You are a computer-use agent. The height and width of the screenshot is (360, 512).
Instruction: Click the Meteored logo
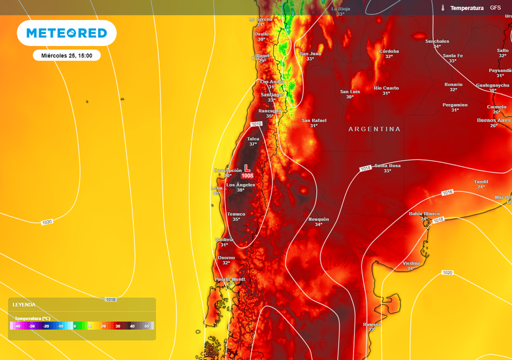[66, 33]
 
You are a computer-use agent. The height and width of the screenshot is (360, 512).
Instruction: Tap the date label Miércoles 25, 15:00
[66, 55]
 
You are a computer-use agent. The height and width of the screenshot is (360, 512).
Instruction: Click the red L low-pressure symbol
[247, 168]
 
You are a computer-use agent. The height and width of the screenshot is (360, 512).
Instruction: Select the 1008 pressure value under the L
[247, 176]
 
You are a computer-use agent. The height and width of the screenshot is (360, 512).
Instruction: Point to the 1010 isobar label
[256, 124]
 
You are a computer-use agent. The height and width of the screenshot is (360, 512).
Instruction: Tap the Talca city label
[253, 139]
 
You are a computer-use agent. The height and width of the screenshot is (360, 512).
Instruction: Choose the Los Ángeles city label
[240, 185]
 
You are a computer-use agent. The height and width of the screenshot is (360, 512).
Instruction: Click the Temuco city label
[236, 214]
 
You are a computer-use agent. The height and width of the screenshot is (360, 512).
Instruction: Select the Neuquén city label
[318, 219]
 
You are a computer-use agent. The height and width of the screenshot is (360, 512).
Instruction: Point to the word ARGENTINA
[374, 129]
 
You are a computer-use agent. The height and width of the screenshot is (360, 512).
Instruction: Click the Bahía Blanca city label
[424, 213]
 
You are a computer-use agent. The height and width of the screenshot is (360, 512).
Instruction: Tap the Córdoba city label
[389, 51]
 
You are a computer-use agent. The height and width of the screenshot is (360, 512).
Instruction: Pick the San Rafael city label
[314, 120]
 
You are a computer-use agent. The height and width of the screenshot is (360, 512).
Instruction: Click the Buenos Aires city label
[493, 120]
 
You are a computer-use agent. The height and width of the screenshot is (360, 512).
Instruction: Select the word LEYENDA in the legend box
[24, 304]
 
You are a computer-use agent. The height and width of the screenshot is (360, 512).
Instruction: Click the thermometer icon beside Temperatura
[442, 8]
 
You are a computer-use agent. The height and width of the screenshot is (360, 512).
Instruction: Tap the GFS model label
[495, 8]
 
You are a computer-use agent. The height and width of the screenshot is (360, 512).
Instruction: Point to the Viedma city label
[411, 263]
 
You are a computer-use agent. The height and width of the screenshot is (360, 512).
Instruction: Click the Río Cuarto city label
[386, 88]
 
